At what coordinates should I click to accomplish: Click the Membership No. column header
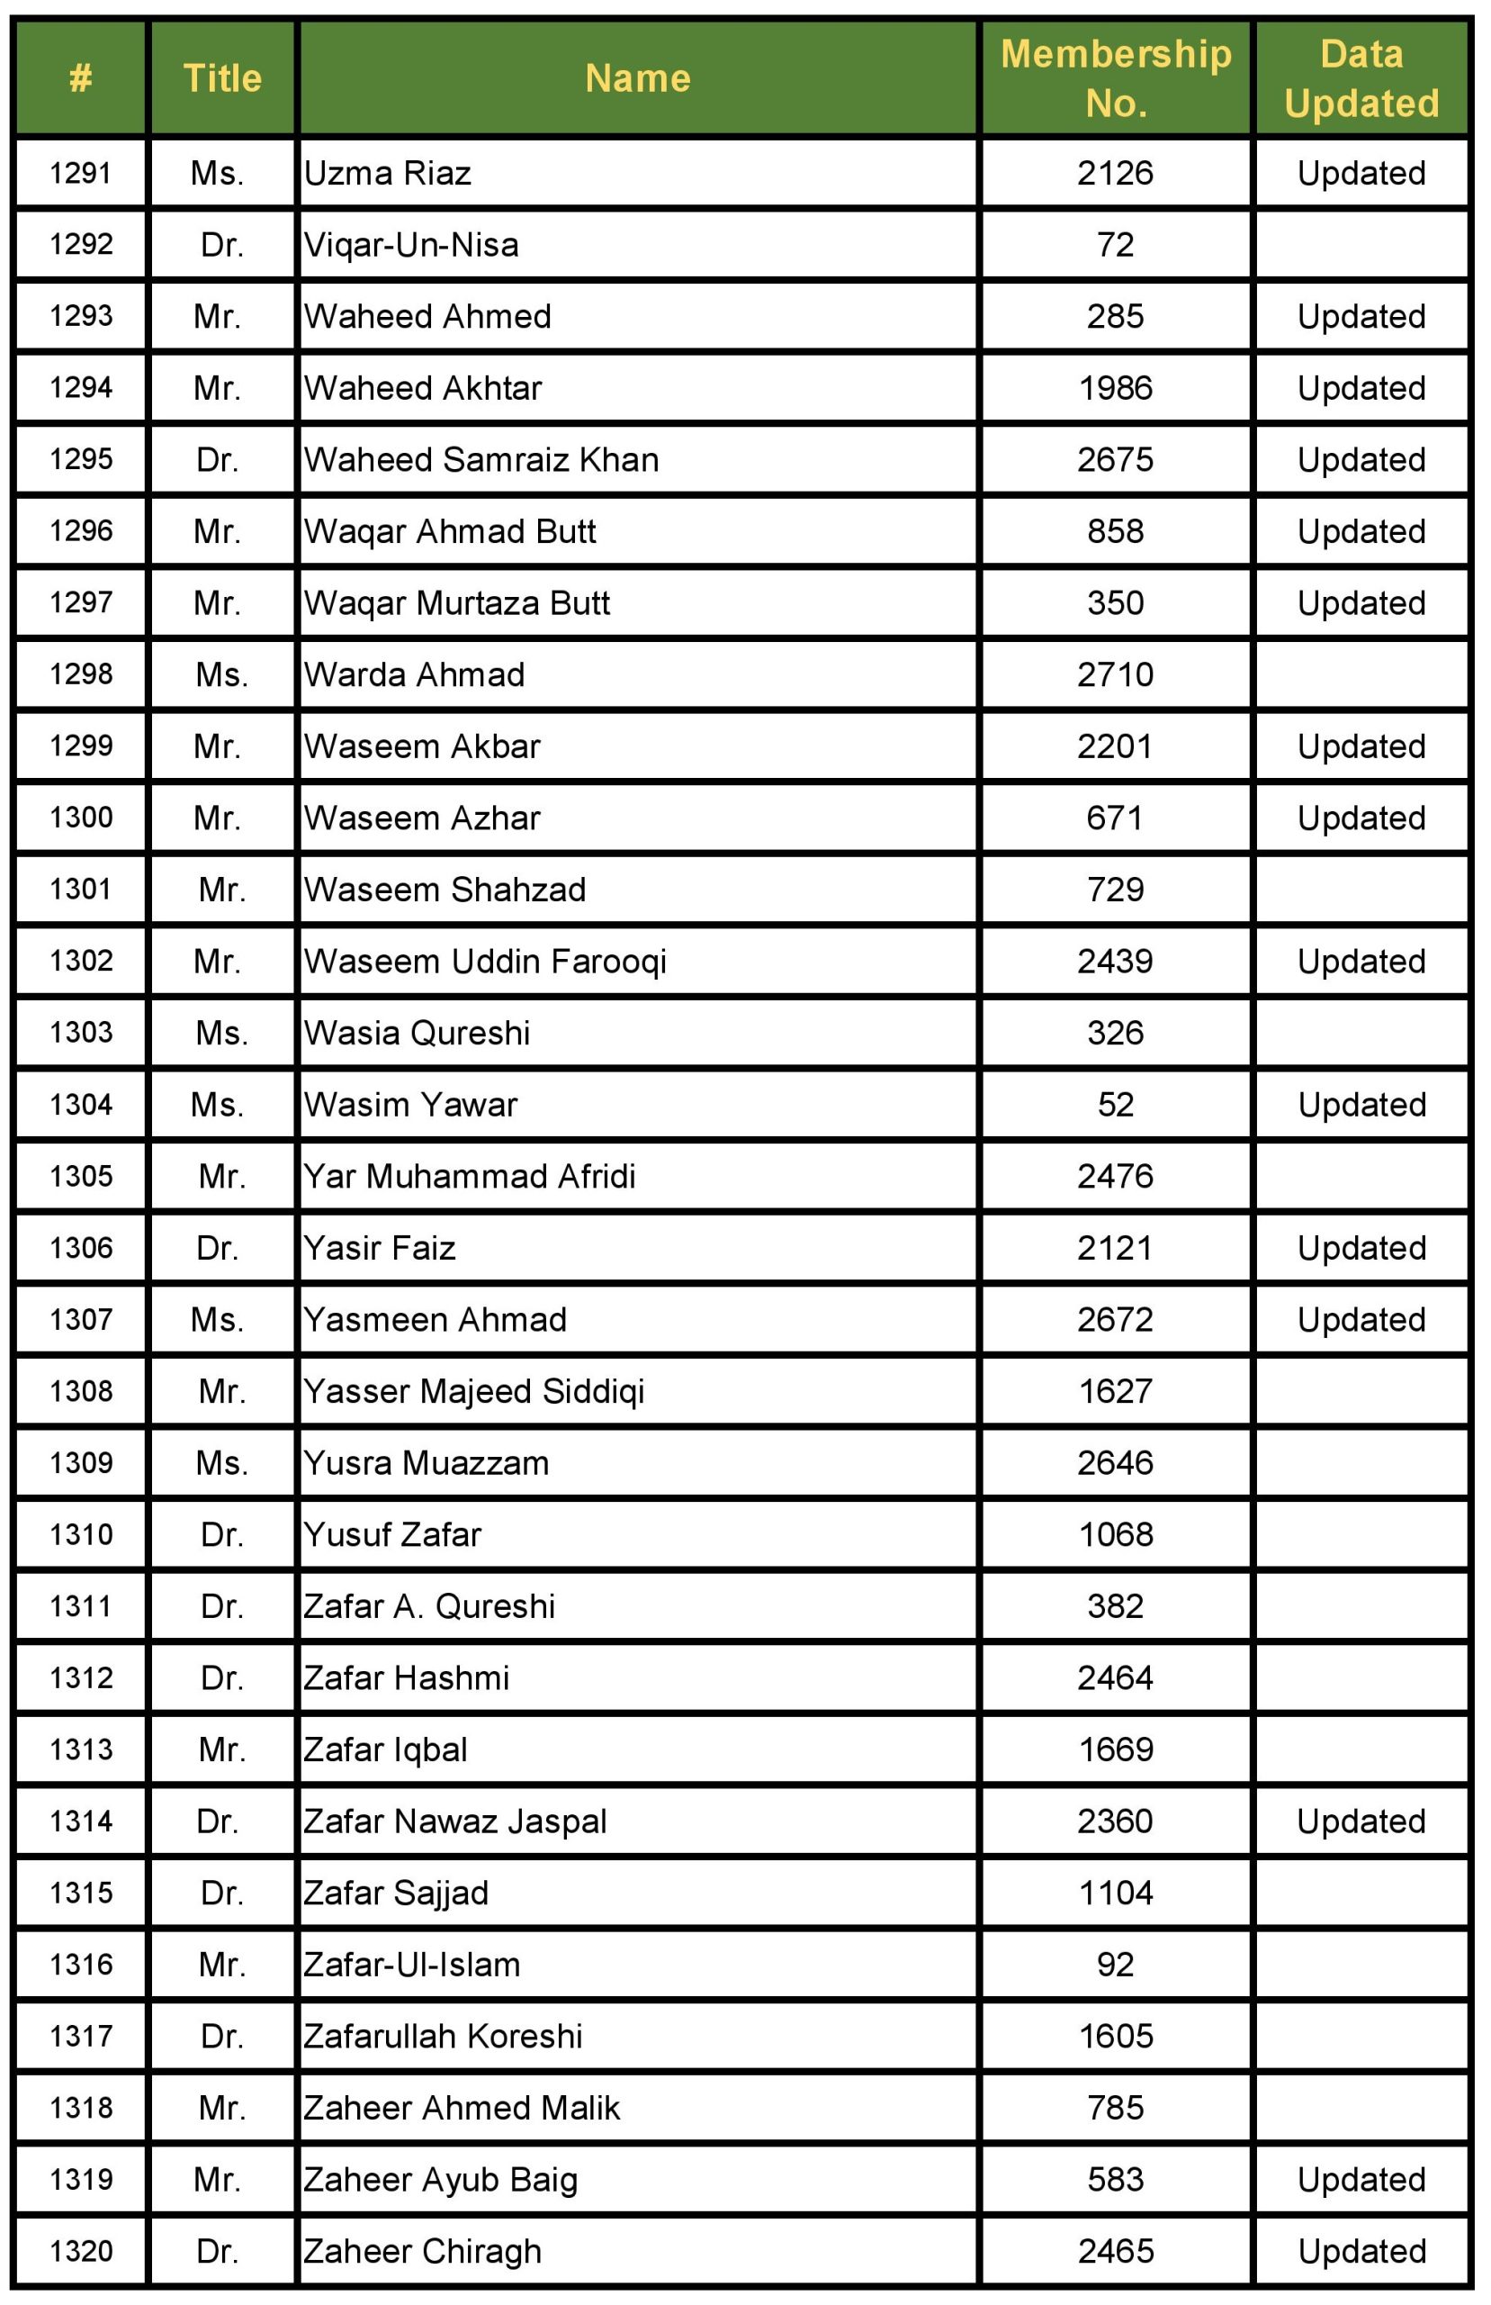[1116, 77]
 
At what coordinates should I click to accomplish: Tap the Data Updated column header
[1361, 77]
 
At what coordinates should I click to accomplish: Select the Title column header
[222, 77]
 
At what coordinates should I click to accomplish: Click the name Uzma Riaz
[387, 174]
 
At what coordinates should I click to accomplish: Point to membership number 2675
[1116, 460]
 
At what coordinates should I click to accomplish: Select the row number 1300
[81, 818]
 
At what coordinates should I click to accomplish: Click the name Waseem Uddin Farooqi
[485, 962]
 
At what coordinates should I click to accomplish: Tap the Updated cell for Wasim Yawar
[1361, 1105]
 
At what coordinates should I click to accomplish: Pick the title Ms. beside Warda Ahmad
[221, 675]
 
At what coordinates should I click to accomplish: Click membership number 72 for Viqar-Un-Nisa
[1116, 245]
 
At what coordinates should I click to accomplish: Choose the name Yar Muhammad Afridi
[470, 1177]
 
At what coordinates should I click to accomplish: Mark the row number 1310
[81, 1535]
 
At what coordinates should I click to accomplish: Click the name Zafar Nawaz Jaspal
[455, 1821]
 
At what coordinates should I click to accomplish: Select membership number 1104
[1116, 1894]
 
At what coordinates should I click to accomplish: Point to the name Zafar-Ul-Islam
[411, 1965]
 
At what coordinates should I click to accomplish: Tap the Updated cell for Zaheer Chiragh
[1361, 2252]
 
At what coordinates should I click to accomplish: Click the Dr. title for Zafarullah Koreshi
[221, 2037]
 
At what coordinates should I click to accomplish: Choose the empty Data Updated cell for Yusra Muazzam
[1361, 1463]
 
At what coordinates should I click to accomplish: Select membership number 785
[1116, 2109]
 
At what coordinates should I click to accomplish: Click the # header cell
[81, 77]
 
